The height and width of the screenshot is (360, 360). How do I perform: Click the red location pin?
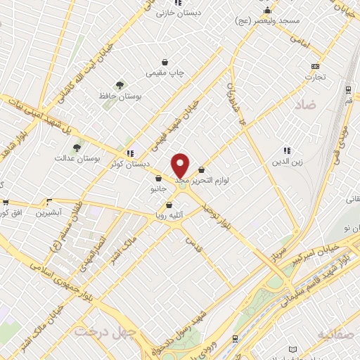point(181,166)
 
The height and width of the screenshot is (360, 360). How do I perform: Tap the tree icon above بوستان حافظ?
point(120,85)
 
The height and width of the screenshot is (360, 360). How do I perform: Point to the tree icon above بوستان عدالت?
point(77,147)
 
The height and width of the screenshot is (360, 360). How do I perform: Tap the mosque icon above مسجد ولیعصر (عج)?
point(267,11)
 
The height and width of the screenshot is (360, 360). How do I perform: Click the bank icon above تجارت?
point(314,67)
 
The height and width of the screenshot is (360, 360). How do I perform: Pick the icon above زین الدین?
point(286,150)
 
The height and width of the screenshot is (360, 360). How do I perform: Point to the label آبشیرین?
point(51,211)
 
